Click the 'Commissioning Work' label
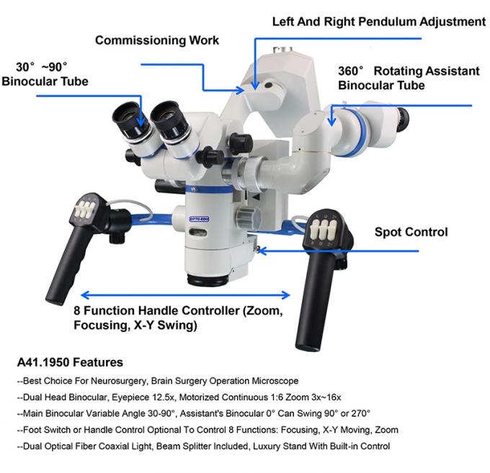pos(157,40)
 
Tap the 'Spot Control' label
pos(411,232)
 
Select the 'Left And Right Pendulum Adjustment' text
pos(378,22)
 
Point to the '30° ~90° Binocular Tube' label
pos(45,73)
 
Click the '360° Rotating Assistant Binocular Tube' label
pos(409,78)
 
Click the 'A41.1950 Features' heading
pos(69,362)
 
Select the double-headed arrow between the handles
pos(185,294)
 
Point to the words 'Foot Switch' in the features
pos(46,430)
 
